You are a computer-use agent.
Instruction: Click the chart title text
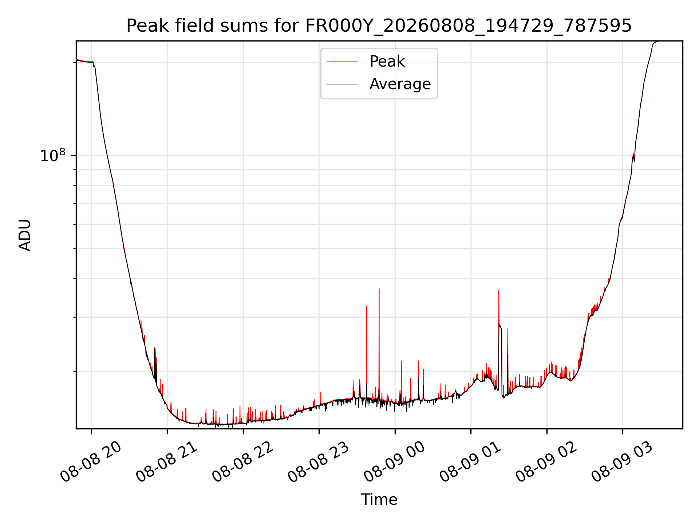coord(379,26)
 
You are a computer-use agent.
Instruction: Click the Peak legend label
coord(387,61)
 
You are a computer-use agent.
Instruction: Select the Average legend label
coord(400,84)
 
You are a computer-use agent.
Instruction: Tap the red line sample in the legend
coord(342,61)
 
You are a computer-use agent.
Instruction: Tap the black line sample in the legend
coord(342,84)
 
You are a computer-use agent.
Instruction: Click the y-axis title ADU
coord(25,235)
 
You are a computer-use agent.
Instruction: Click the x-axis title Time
coord(379,500)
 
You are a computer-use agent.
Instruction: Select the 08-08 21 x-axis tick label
coord(166,461)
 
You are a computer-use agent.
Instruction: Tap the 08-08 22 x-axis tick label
coord(242,461)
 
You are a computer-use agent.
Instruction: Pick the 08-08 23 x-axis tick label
coord(318,461)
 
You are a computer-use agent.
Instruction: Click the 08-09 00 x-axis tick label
coord(394,461)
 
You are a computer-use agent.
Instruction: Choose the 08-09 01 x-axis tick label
coord(470,461)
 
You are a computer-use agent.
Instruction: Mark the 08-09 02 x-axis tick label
coord(546,461)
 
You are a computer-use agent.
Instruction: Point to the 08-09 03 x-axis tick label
coord(621,461)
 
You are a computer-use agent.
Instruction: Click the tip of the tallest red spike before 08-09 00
coord(379,289)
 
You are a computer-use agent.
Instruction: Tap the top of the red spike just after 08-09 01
coord(499,291)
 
